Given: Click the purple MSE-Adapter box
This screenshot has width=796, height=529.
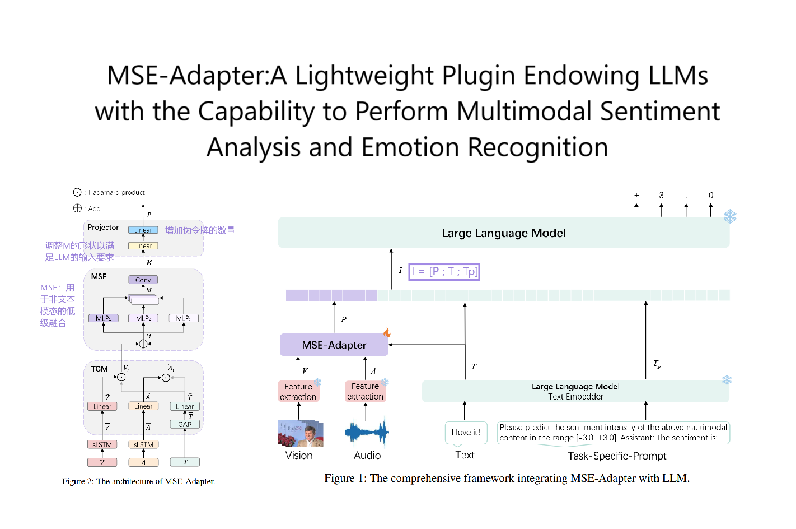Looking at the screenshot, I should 334,345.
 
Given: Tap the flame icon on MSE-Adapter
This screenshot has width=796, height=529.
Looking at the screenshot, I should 387,333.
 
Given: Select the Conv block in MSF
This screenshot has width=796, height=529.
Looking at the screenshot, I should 143,280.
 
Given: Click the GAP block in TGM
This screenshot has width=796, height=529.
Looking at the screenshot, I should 185,425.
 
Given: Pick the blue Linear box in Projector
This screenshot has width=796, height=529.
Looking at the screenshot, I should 143,230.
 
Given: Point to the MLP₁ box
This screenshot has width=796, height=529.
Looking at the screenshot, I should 103,318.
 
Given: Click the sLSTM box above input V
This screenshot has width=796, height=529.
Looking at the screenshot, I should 102,444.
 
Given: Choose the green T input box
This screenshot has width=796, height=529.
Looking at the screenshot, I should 185,462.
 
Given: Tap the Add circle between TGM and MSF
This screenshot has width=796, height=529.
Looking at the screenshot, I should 143,344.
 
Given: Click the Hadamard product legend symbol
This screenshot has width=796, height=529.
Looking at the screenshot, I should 77,192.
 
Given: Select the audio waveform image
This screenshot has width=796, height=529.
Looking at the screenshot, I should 367,433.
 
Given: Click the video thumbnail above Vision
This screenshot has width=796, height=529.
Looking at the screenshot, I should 301,434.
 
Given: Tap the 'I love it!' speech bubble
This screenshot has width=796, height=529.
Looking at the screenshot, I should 466,433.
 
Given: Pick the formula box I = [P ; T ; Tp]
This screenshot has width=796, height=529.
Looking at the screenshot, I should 444,272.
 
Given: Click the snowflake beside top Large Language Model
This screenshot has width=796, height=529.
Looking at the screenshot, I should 730,216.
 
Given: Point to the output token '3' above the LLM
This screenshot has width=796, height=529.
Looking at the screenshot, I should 661,195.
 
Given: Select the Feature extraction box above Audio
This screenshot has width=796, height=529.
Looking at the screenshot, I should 366,391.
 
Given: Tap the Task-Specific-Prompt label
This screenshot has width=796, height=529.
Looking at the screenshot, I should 617,456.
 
